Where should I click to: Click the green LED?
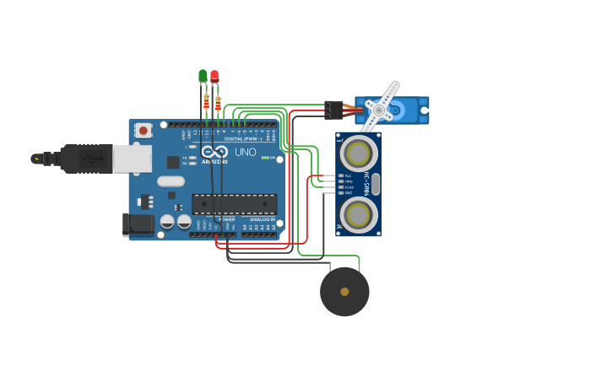pos(203,76)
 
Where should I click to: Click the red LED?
pos(214,76)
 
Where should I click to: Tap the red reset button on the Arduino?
pos(144,130)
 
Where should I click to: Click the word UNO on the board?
pos(245,153)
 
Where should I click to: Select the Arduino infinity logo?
pos(214,153)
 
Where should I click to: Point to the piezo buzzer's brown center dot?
pos(344,292)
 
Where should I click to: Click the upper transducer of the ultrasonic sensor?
pos(359,153)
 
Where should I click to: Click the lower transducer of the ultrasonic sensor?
pos(359,213)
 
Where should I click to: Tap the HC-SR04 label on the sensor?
pos(366,183)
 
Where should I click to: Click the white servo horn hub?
pos(379,110)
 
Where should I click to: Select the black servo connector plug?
pos(333,110)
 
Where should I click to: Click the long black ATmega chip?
pos(234,203)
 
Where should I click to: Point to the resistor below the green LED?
pos(206,104)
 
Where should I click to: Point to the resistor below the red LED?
pos(218,104)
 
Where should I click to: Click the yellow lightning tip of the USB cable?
pos(35,158)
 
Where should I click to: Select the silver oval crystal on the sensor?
pos(376,183)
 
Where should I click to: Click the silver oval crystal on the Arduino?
pos(171,180)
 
